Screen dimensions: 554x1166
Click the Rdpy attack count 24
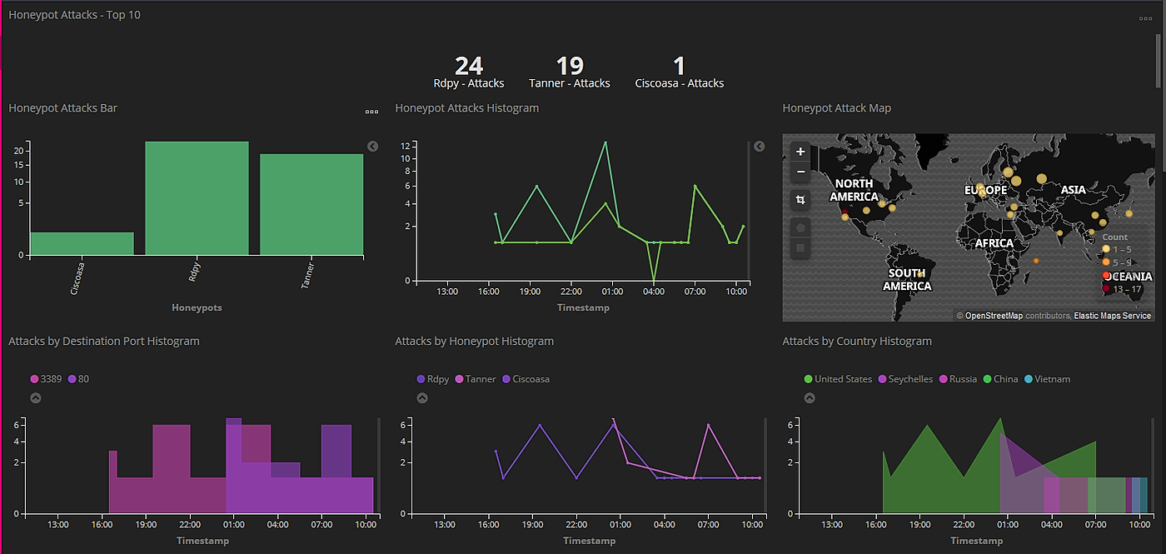click(x=469, y=66)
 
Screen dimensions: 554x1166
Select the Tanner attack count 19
click(x=570, y=66)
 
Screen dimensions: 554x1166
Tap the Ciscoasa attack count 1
click(x=679, y=66)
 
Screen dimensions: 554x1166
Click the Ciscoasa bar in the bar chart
click(x=82, y=243)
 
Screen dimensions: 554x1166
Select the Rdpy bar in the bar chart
click(x=197, y=198)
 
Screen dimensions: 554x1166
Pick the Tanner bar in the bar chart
click(x=311, y=204)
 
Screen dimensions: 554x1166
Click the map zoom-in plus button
click(x=800, y=152)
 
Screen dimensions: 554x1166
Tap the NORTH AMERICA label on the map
click(x=854, y=190)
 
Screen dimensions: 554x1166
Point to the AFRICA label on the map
click(x=994, y=243)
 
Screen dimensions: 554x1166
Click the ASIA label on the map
click(x=1073, y=190)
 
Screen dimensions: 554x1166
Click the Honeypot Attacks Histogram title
click(x=466, y=108)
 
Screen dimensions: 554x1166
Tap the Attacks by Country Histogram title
click(x=857, y=342)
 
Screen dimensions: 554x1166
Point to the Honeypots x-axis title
click(x=197, y=307)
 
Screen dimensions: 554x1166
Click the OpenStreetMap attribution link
click(x=993, y=316)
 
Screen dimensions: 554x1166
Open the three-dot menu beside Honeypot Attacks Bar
click(x=371, y=112)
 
